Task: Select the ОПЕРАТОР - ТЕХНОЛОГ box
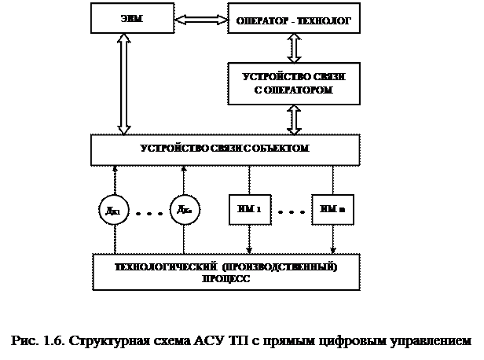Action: (x=294, y=19)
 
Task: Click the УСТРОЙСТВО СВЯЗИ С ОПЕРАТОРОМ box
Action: (x=294, y=84)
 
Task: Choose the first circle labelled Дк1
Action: (x=113, y=211)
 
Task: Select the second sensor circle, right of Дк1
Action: (x=184, y=211)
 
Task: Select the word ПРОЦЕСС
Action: (x=226, y=279)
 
